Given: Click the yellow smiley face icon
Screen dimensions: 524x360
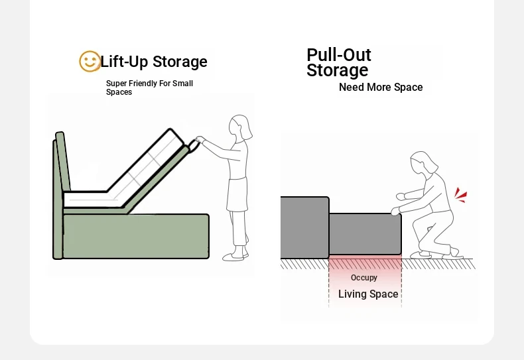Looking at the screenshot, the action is click(x=90, y=61).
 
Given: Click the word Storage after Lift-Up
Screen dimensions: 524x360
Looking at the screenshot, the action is click(x=180, y=62).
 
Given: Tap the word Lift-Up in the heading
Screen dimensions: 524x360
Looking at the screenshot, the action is click(x=124, y=62).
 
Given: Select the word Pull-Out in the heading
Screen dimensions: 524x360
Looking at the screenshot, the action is click(x=338, y=55).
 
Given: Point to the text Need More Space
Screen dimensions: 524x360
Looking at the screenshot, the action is click(x=381, y=87).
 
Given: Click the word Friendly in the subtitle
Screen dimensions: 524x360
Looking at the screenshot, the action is click(x=143, y=83).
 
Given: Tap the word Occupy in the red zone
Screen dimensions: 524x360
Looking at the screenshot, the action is click(x=364, y=278).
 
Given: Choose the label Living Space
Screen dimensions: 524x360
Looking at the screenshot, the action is click(x=368, y=294).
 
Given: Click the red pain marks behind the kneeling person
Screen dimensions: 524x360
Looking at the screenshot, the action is click(x=460, y=195).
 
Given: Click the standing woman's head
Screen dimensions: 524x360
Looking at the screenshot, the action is click(x=241, y=127).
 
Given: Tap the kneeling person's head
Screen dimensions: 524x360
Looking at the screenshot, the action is click(x=423, y=162).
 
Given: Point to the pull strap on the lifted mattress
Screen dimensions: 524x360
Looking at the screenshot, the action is click(x=194, y=146).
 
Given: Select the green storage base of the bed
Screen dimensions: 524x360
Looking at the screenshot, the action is click(x=136, y=236).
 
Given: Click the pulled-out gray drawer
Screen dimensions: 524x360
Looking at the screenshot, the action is click(x=365, y=235).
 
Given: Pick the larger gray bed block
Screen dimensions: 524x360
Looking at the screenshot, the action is click(x=304, y=227).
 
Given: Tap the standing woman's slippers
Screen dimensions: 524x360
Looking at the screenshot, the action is click(x=235, y=256).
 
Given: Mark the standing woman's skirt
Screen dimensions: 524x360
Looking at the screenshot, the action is click(x=237, y=194).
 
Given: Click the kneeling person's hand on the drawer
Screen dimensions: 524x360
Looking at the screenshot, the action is click(x=395, y=211).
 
